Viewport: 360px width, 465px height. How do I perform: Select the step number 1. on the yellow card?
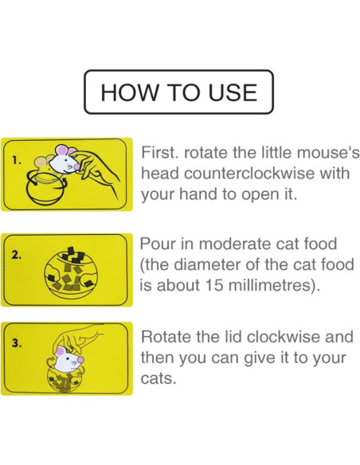(18, 159)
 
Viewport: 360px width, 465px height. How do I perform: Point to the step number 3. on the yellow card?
(18, 344)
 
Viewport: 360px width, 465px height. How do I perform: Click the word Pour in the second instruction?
(160, 244)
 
